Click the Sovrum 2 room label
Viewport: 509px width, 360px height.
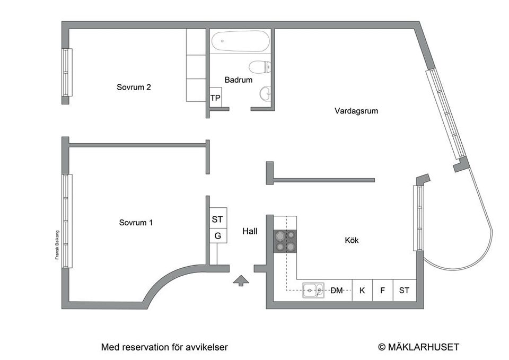point(134,87)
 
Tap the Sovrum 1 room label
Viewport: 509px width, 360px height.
point(136,223)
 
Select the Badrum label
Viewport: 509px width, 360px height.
point(238,80)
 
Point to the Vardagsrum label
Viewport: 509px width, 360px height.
point(356,111)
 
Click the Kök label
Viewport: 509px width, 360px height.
point(352,240)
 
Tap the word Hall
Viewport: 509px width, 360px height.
point(250,231)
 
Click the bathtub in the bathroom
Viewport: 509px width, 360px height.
point(240,41)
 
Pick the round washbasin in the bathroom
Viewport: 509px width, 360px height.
point(265,94)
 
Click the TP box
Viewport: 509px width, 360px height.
point(215,98)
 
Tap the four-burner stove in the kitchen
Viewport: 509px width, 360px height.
point(285,241)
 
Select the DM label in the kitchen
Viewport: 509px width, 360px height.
point(337,290)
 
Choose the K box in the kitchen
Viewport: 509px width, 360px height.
point(362,290)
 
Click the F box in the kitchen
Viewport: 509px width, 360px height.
point(382,290)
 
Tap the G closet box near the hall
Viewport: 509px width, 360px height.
point(218,235)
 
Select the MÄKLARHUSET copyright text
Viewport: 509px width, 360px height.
point(418,347)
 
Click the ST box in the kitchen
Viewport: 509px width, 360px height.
point(404,290)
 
